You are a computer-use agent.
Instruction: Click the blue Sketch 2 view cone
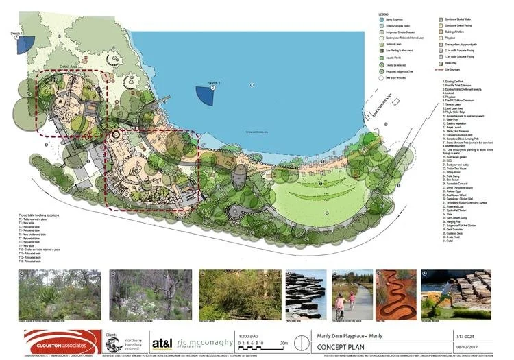coord(206,94)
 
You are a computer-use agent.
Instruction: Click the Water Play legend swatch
coord(443,62)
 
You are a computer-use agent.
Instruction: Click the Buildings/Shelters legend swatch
coord(443,32)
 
